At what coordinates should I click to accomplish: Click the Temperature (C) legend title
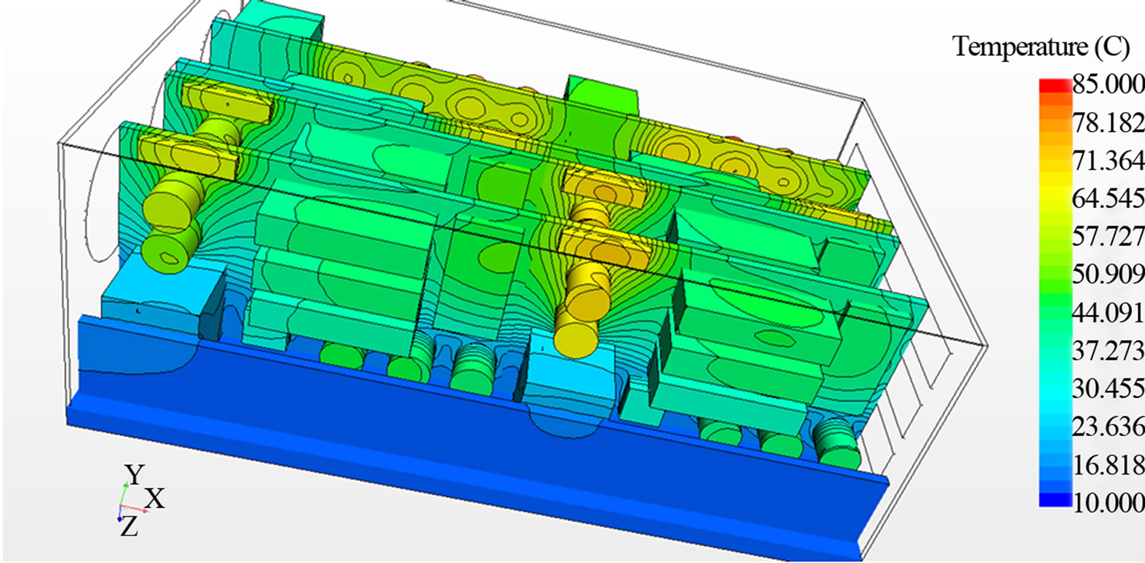1041,47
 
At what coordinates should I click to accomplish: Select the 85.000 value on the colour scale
1108,84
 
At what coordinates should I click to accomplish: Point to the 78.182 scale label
1108,123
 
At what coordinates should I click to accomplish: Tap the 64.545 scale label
1108,198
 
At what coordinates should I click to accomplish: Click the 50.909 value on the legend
1108,274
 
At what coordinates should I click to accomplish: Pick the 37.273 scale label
1108,350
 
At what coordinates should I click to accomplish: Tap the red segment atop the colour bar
1055,86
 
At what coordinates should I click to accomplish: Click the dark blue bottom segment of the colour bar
1055,499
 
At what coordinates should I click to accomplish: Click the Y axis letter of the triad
134,475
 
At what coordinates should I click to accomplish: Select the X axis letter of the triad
155,499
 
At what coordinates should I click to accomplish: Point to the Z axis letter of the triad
128,527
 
